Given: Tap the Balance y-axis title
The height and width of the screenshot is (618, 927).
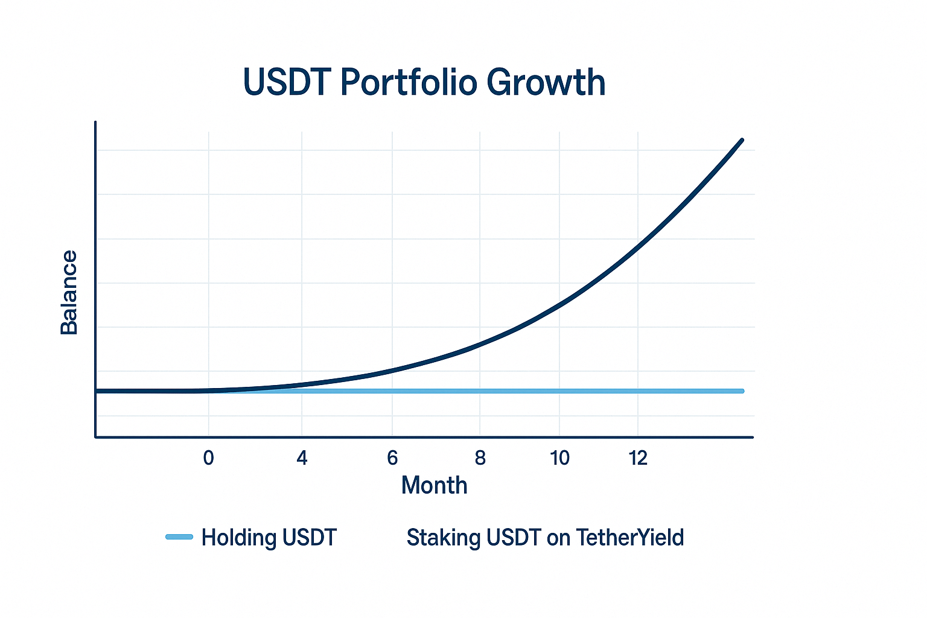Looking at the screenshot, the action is tap(69, 292).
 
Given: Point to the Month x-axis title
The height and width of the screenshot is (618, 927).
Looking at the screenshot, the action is tap(434, 485).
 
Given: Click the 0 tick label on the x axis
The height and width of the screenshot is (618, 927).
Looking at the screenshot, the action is tap(209, 458).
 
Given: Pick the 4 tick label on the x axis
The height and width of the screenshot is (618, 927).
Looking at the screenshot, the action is tap(302, 458).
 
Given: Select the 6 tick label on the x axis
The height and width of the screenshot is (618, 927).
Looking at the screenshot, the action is tap(392, 458).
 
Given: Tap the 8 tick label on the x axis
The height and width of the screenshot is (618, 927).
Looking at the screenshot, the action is tap(480, 458).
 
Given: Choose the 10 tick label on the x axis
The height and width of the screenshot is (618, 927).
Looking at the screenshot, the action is tap(559, 458).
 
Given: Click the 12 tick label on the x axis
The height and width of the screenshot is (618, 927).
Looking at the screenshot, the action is tap(638, 458).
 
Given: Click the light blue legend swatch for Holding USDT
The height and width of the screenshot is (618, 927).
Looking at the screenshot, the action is tap(179, 537).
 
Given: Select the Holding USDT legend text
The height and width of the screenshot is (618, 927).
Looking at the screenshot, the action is tap(269, 537).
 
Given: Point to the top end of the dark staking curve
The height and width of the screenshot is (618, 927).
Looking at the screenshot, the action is tap(742, 140).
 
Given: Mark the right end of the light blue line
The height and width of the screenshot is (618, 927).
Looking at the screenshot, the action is tap(743, 391).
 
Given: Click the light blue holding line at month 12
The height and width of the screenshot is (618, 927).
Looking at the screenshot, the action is tap(638, 391).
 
